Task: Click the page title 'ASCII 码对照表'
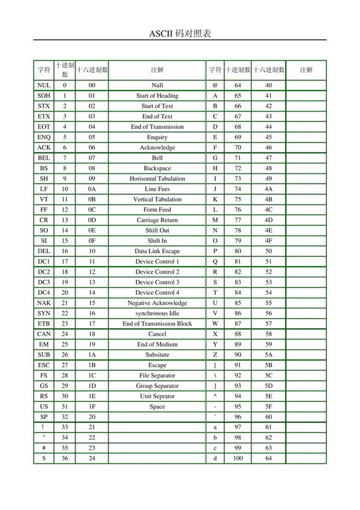tap(179, 33)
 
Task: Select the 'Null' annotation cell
tap(157, 86)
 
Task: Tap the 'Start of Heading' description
tap(157, 96)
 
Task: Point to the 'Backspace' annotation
tap(157, 169)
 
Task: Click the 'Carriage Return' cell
tap(157, 220)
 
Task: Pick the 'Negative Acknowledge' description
tap(157, 303)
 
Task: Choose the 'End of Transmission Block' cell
tap(157, 323)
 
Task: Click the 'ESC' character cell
tap(44, 365)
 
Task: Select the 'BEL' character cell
tap(44, 158)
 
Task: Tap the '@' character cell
tap(215, 86)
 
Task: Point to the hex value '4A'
tap(268, 189)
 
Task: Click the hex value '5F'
tap(268, 406)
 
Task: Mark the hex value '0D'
tap(92, 220)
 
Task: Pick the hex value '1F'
tap(92, 406)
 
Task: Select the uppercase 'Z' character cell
tap(215, 355)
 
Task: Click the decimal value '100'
tap(238, 458)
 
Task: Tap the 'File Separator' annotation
tap(157, 375)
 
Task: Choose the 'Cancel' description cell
tap(157, 334)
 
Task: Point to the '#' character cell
tap(44, 448)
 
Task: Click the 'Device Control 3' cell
tap(157, 282)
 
